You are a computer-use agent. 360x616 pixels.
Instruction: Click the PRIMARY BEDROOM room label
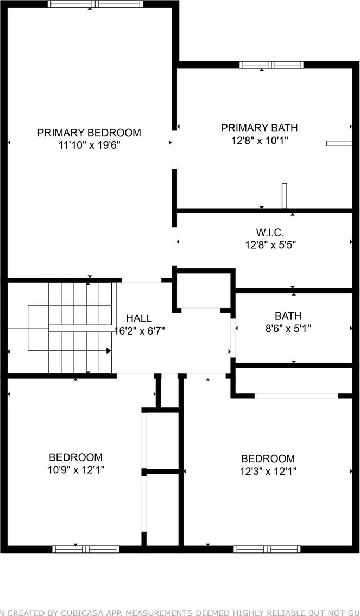pos(89,133)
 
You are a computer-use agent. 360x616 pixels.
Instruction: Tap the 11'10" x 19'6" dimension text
pos(89,146)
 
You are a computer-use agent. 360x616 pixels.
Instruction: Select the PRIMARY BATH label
pos(259,128)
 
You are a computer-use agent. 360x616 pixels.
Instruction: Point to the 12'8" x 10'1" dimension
pos(260,141)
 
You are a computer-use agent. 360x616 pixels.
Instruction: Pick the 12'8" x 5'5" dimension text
pos(270,245)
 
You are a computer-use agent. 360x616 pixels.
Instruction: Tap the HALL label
pos(139,318)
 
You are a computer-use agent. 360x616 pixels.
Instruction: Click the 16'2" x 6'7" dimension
pos(139,331)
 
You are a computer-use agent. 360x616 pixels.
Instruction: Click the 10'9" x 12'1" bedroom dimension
pos(76,469)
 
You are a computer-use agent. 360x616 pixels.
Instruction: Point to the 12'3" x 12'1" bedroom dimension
pos(268,470)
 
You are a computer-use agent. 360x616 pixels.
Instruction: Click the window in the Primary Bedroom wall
pos(96,4)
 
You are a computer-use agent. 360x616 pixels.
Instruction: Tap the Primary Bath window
pos(271,65)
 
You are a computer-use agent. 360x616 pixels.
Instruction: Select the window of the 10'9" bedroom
pos(86,549)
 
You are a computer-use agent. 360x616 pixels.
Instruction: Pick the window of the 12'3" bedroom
pos(267,549)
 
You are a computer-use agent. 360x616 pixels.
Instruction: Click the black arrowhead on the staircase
pos(109,350)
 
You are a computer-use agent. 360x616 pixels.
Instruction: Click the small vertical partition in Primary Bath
pos(284,196)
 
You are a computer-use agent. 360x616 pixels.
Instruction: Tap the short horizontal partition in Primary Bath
pos(339,143)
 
